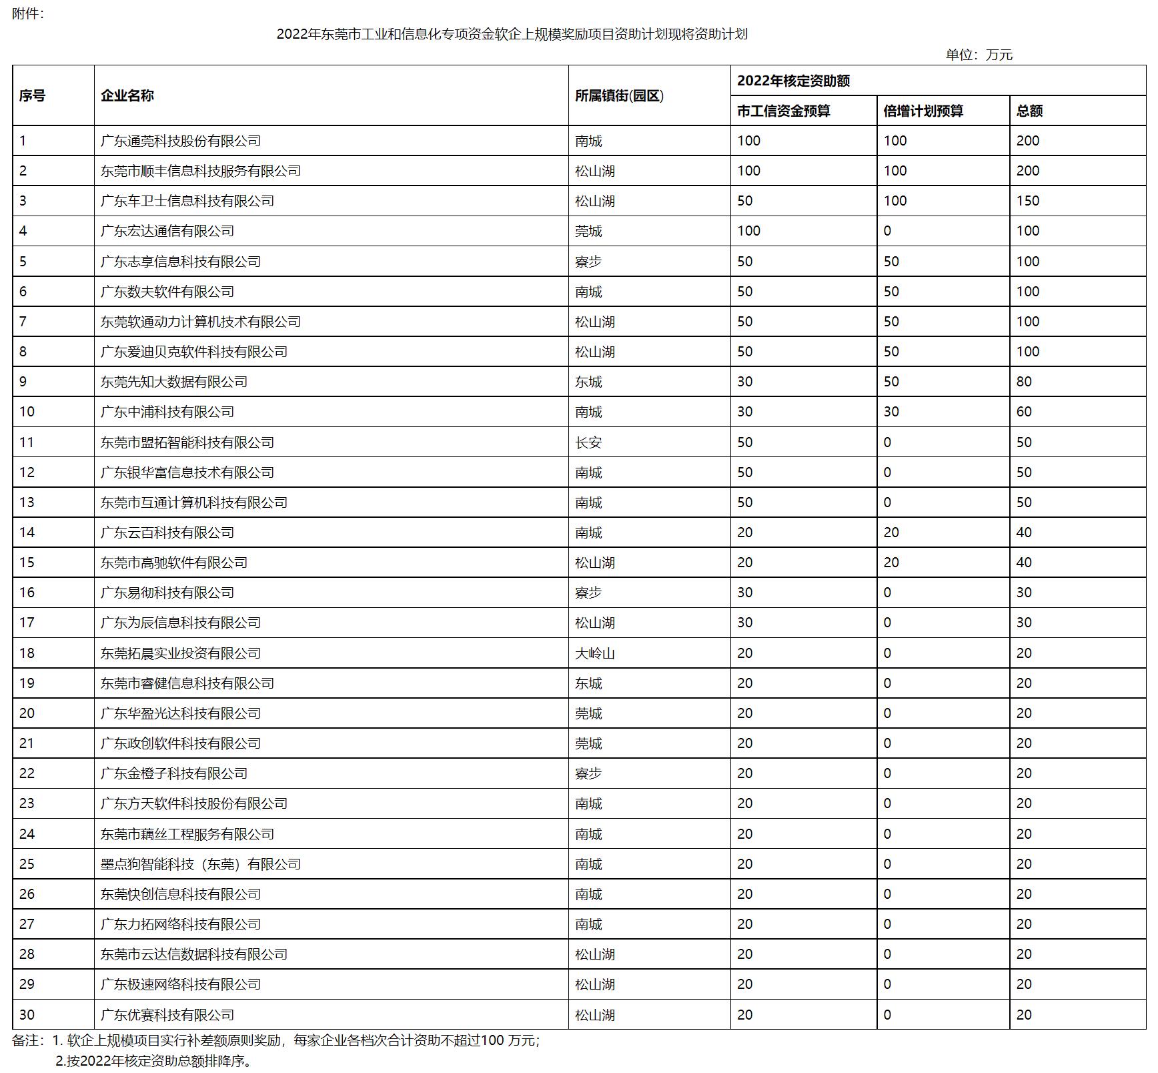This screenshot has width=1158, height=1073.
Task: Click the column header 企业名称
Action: tap(127, 95)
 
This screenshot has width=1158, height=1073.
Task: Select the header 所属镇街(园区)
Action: tap(619, 95)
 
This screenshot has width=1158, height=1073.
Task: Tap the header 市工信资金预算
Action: tap(783, 111)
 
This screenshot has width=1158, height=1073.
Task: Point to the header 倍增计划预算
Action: tap(923, 111)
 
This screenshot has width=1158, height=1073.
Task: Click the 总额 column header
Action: tap(1029, 111)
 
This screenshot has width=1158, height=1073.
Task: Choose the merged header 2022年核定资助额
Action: tap(793, 81)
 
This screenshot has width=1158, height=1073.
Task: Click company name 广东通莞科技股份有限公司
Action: tap(181, 141)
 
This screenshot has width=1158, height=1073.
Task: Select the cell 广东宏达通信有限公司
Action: tap(167, 231)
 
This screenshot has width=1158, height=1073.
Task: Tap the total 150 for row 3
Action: tap(1028, 201)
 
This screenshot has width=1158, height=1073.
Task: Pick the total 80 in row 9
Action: tap(1024, 382)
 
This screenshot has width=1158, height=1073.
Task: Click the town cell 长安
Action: tap(588, 442)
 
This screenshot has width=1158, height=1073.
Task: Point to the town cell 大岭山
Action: tap(595, 653)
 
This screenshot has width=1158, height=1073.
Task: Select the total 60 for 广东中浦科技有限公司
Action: tap(1024, 412)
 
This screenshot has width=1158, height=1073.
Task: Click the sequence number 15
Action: tap(27, 563)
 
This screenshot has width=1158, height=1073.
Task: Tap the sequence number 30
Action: tap(27, 1015)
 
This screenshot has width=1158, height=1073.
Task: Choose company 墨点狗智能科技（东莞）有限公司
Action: tap(201, 864)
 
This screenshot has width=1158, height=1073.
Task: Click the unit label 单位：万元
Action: tap(979, 55)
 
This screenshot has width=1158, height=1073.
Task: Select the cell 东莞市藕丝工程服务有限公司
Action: tap(187, 834)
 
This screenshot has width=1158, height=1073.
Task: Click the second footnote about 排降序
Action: tap(155, 1061)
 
